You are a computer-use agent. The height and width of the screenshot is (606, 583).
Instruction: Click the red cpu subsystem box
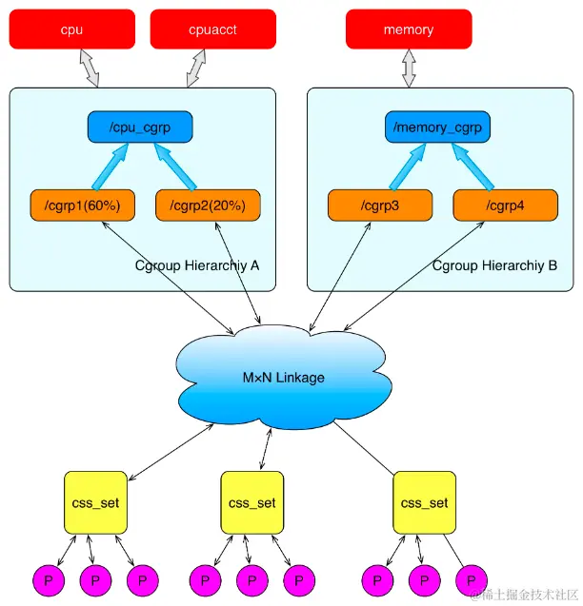tap(71, 29)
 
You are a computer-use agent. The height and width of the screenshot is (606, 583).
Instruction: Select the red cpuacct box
tap(212, 29)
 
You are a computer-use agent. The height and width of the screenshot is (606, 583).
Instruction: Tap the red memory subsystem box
tap(409, 29)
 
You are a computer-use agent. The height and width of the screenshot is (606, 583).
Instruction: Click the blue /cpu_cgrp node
tap(140, 127)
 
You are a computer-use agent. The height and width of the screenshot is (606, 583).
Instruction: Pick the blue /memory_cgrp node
tap(437, 127)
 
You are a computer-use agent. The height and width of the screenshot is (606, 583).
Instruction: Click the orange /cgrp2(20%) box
tap(208, 205)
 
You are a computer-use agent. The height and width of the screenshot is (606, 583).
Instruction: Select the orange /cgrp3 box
tap(380, 205)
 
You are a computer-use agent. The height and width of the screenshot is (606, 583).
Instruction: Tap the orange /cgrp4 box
tap(505, 205)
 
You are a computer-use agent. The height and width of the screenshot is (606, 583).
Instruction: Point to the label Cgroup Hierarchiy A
tap(198, 265)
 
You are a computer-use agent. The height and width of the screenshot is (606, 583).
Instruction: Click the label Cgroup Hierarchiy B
tap(494, 265)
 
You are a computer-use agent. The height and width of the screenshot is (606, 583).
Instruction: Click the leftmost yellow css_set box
tap(94, 502)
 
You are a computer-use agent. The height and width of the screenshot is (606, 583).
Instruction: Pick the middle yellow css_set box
tap(252, 502)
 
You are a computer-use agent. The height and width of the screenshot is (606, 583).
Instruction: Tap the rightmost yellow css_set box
tap(425, 502)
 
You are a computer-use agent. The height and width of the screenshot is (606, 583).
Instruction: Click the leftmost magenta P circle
tap(47, 579)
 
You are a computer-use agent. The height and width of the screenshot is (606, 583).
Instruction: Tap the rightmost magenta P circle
tap(472, 579)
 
